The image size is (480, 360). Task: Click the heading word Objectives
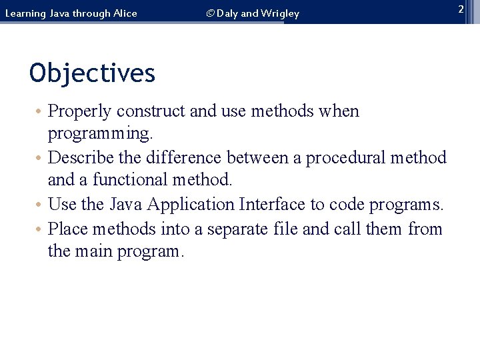click(92, 73)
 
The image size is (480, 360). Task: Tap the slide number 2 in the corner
click(460, 9)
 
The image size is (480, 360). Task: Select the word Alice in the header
click(124, 13)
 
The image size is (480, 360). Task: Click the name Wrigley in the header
click(280, 13)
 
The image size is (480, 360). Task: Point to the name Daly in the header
click(229, 13)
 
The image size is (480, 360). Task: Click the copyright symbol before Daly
click(210, 13)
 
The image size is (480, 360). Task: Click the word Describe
click(83, 158)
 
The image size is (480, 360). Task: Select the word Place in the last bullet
click(69, 229)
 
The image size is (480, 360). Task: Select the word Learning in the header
click(26, 13)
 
